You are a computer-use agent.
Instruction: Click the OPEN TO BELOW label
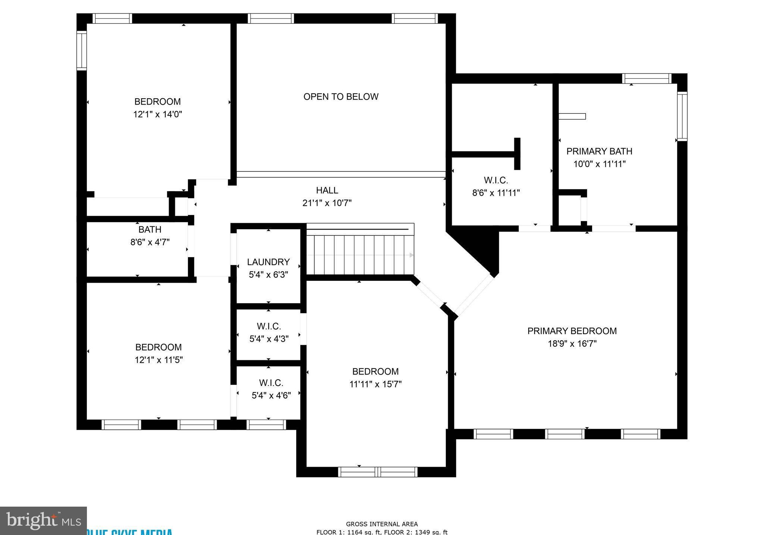(x=341, y=97)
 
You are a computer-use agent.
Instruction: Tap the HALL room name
(x=327, y=190)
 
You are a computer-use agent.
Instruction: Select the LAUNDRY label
(x=268, y=262)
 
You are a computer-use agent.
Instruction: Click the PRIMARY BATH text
(x=599, y=151)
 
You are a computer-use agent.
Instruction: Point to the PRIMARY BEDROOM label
(x=572, y=331)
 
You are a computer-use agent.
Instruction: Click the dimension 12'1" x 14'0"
(x=157, y=114)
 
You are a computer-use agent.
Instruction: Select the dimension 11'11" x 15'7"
(x=375, y=384)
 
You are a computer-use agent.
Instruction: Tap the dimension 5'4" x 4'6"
(x=271, y=395)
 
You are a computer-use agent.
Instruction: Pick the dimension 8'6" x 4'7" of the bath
(x=150, y=242)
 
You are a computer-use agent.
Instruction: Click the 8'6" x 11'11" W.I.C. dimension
(x=496, y=193)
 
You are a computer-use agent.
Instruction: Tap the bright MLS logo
(x=43, y=520)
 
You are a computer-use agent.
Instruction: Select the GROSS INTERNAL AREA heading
(x=382, y=524)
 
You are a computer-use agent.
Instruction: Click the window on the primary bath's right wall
(x=682, y=116)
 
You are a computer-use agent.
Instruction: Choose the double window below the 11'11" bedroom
(x=378, y=472)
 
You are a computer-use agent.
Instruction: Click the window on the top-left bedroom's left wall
(x=81, y=50)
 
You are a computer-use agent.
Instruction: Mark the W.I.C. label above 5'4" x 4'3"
(x=269, y=326)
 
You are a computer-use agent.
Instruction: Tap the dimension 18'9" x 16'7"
(x=572, y=344)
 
